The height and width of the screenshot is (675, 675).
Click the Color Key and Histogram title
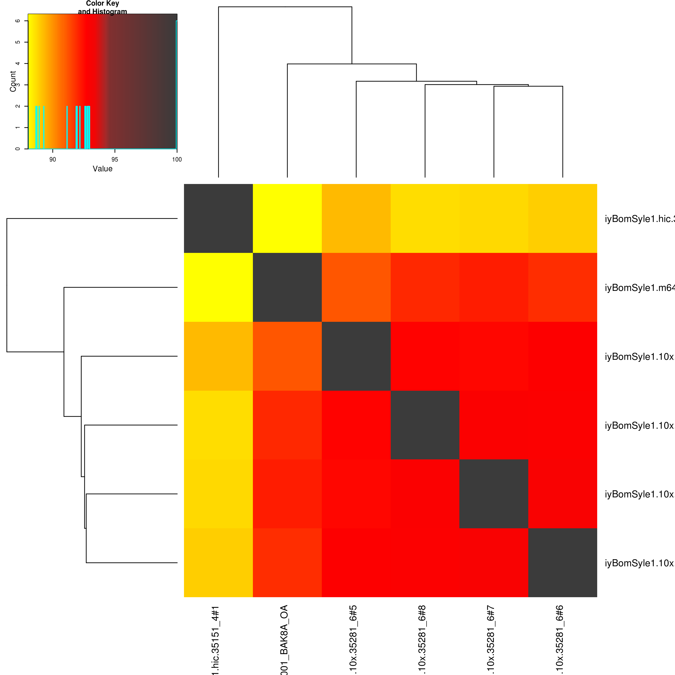[x=102, y=7]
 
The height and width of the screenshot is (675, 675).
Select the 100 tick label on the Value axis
[x=177, y=159]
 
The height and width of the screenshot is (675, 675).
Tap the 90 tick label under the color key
[x=52, y=159]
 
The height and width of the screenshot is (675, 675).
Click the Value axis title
[x=102, y=169]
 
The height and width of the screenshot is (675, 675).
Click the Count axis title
[x=13, y=81]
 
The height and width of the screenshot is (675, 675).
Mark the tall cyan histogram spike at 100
[x=176, y=84]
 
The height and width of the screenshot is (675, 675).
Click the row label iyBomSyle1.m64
[x=639, y=288]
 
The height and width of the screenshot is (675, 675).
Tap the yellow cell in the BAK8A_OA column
[x=287, y=218]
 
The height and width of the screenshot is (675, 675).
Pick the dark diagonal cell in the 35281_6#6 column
[x=562, y=562]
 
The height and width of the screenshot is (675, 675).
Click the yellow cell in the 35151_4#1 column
[x=218, y=287]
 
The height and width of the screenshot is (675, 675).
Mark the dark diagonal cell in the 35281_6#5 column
[x=356, y=356]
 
